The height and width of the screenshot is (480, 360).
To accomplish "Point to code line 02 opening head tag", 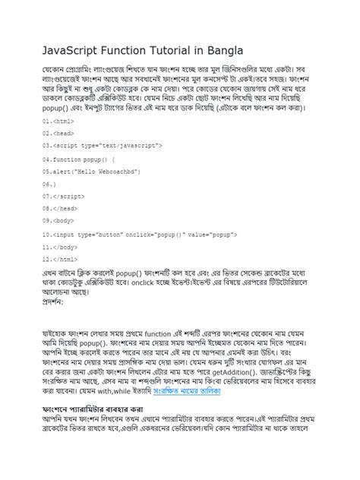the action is pos(59,133).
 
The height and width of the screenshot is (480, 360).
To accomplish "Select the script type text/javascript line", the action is pos(112,144).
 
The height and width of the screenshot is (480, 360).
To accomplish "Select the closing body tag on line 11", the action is pos(62,248).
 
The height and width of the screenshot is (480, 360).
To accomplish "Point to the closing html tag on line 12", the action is pos(61,260).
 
